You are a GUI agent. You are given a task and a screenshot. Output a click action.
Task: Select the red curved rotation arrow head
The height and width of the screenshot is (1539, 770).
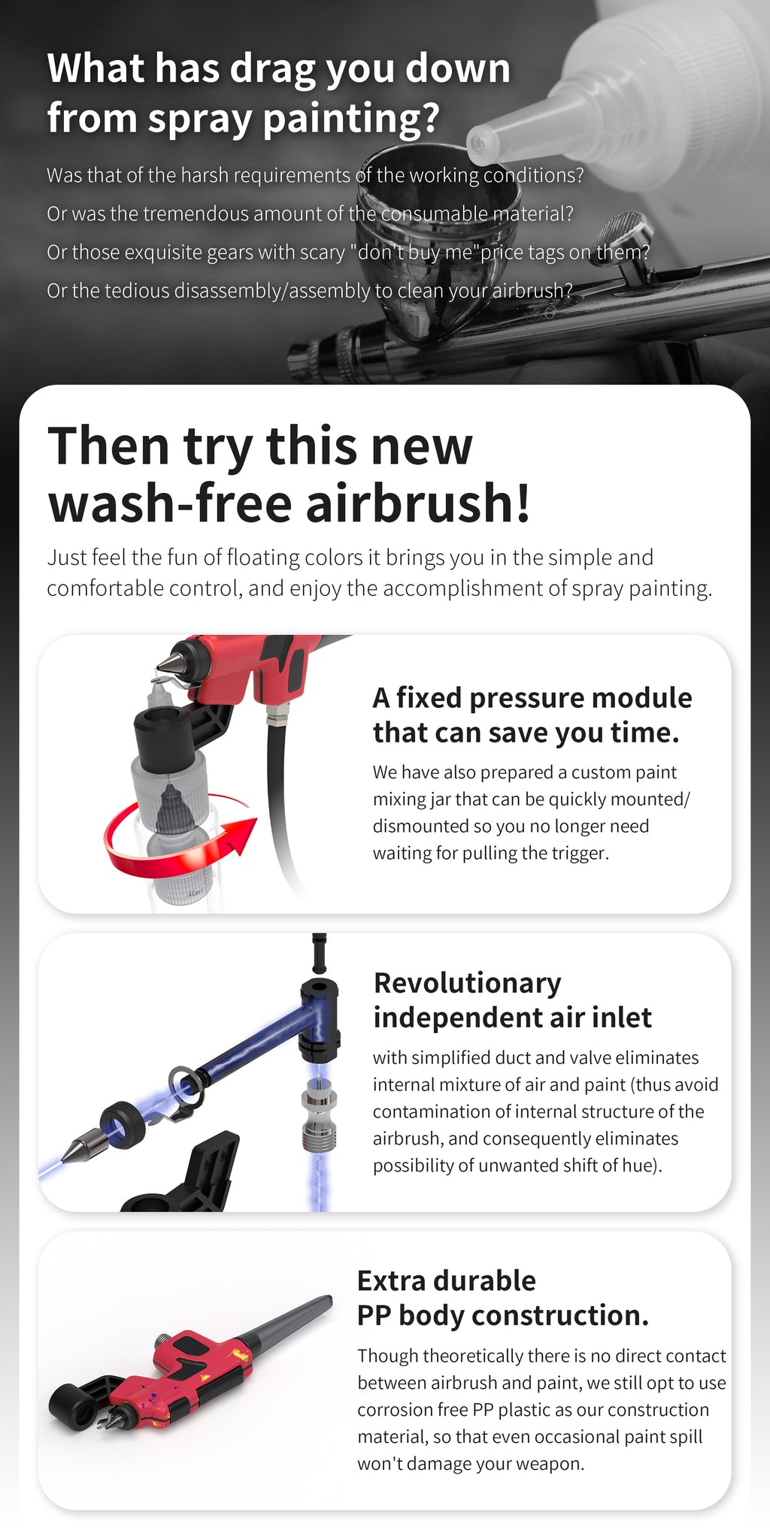[x=239, y=837]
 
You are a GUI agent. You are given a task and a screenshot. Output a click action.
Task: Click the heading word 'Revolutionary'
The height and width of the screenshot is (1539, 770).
[x=467, y=983]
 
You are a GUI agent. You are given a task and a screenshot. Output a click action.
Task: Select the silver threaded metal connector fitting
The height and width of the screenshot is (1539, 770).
[x=318, y=1112]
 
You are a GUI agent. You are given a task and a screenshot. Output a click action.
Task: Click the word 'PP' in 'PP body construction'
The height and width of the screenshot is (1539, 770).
[x=374, y=1316]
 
